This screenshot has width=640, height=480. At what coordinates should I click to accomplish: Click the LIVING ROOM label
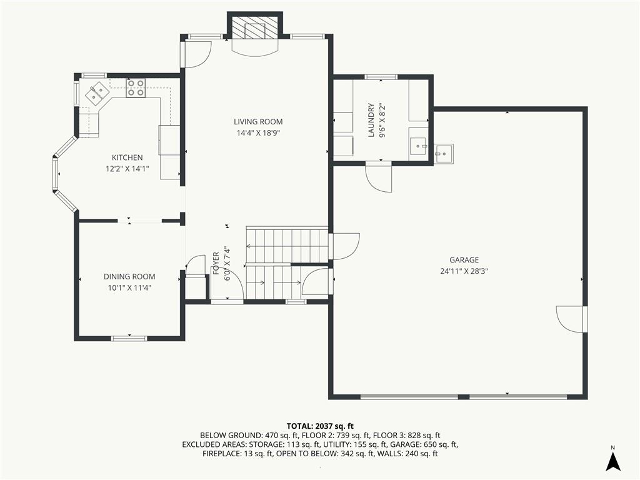(x=258, y=122)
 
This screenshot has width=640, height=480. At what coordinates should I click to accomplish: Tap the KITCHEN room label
(x=127, y=157)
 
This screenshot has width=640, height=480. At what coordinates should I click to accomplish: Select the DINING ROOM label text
(x=129, y=277)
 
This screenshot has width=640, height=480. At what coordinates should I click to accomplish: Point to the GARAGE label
(x=464, y=260)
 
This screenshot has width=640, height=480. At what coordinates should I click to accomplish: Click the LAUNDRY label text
(x=371, y=120)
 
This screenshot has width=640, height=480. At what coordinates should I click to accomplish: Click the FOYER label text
(x=216, y=263)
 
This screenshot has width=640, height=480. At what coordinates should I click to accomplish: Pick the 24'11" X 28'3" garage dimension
(x=464, y=271)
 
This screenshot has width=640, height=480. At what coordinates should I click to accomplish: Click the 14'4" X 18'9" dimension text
(x=258, y=132)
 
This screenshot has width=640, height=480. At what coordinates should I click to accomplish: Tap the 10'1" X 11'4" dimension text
(x=129, y=287)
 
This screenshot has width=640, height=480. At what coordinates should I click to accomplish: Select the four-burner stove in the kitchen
(x=136, y=88)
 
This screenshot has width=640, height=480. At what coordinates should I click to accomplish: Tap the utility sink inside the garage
(x=444, y=154)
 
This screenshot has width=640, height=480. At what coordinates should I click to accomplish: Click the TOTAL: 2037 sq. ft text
(x=319, y=426)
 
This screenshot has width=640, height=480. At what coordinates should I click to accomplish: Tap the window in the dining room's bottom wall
(x=129, y=338)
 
